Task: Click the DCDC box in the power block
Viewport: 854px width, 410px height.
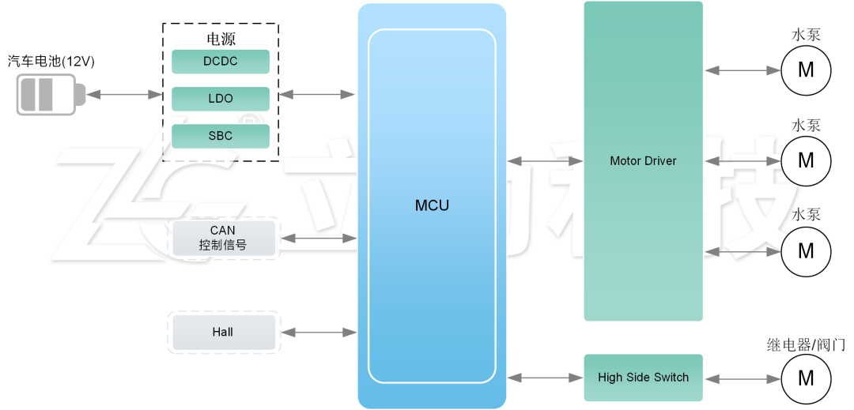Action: click(221, 62)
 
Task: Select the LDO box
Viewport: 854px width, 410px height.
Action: click(221, 99)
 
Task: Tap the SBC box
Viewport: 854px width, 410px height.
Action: click(221, 136)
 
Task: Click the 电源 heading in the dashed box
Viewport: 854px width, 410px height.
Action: click(221, 38)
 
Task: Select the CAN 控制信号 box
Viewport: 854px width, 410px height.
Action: click(223, 238)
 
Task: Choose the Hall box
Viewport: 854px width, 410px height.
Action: click(223, 332)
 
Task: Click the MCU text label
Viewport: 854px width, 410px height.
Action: click(432, 205)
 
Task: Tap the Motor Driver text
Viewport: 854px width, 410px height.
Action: click(643, 160)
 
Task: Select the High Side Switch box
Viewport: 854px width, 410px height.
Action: click(643, 378)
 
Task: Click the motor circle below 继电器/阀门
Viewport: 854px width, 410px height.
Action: click(806, 378)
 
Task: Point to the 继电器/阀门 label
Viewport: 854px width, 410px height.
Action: click(806, 345)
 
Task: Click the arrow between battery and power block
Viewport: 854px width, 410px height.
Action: click(124, 95)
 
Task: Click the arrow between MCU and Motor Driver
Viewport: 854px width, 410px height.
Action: click(545, 161)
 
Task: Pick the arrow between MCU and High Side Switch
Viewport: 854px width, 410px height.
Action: click(545, 378)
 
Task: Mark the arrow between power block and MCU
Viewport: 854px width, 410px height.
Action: click(317, 95)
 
